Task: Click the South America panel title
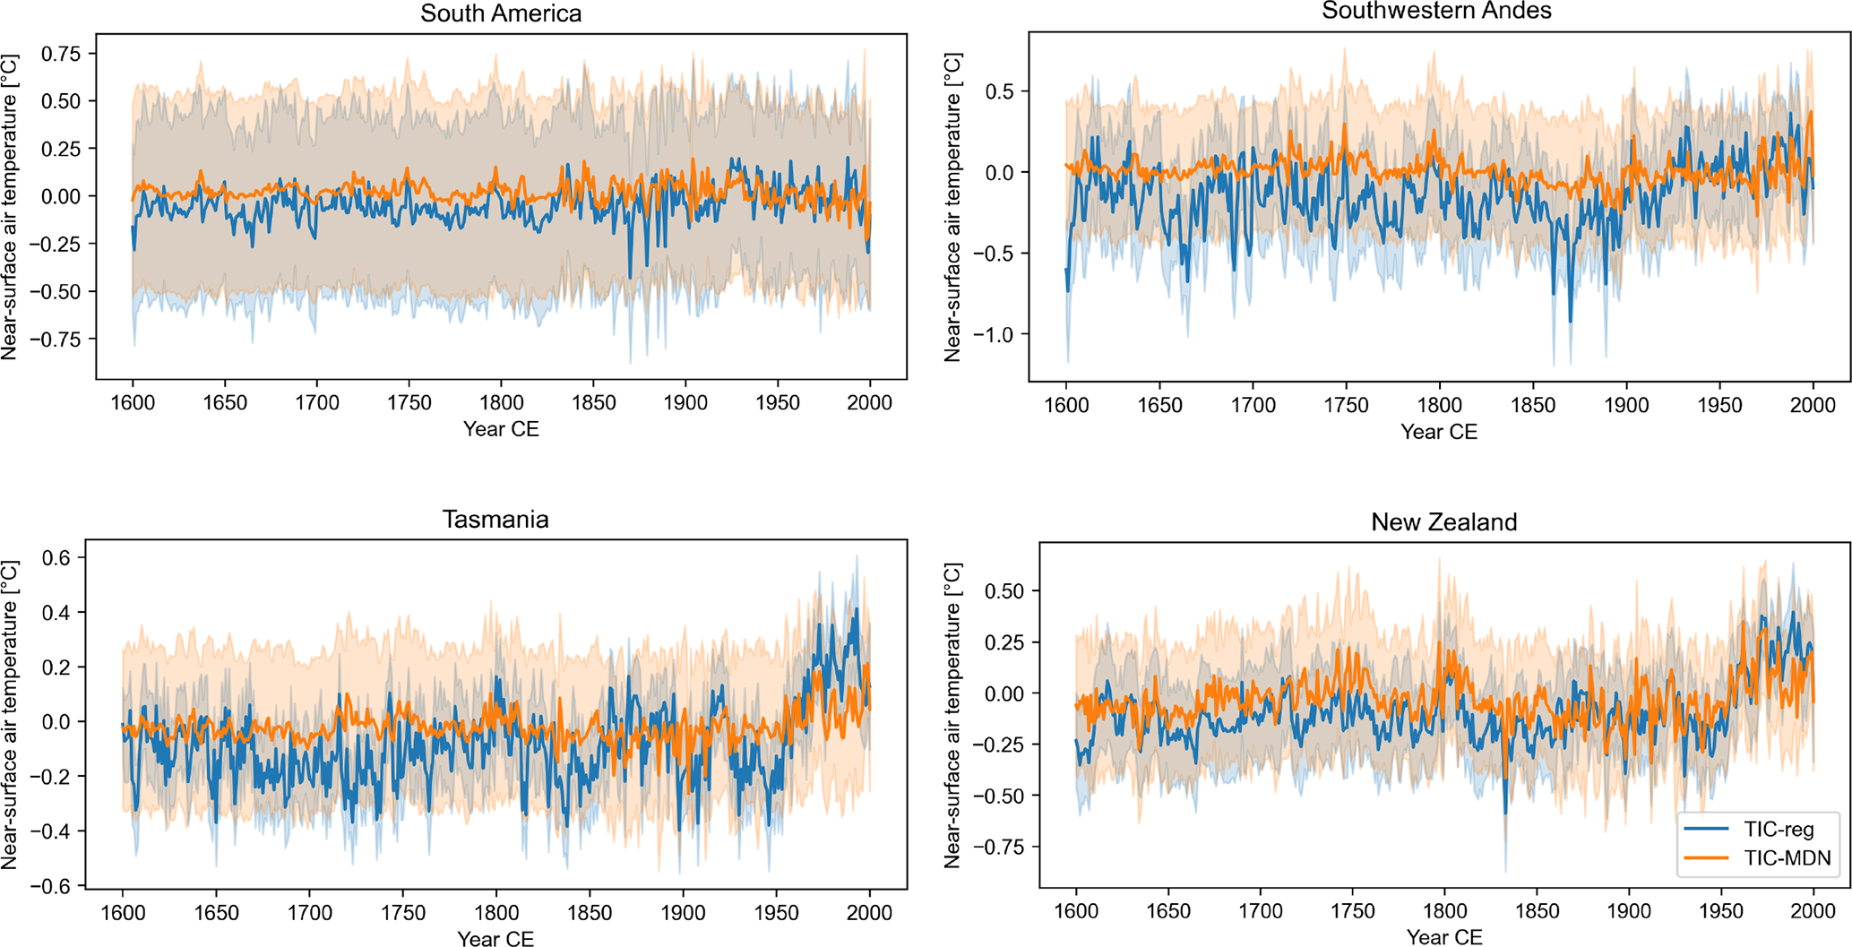pyautogui.click(x=501, y=14)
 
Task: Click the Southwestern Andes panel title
pyautogui.click(x=1436, y=12)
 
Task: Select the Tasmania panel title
pyautogui.click(x=495, y=521)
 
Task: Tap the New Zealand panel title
pyautogui.click(x=1443, y=522)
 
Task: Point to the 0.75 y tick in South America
pyautogui.click(x=61, y=54)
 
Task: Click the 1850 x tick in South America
pyautogui.click(x=593, y=403)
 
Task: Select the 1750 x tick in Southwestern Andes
pyautogui.click(x=1346, y=405)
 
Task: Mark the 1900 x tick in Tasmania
pyautogui.click(x=683, y=913)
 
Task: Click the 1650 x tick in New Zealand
pyautogui.click(x=1168, y=912)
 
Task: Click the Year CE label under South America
pyautogui.click(x=501, y=430)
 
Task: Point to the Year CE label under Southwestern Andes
pyautogui.click(x=1438, y=432)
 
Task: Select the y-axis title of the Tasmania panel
pyautogui.click(x=10, y=715)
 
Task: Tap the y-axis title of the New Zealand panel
pyautogui.click(x=952, y=715)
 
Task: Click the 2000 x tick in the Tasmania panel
pyautogui.click(x=869, y=913)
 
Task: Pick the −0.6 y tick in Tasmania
pyautogui.click(x=54, y=886)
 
